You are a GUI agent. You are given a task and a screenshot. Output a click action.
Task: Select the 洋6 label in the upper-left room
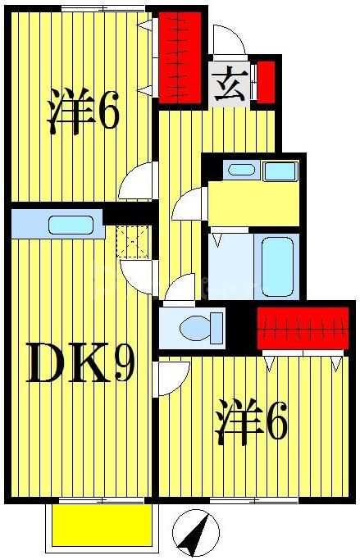pos(84,113)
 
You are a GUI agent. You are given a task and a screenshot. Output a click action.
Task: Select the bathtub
pos(277,266)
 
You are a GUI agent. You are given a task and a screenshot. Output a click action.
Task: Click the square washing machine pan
pos(280,171)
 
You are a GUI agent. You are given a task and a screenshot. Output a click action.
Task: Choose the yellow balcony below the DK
pos(102,525)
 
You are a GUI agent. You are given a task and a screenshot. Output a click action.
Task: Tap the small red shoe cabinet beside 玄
pos(266,80)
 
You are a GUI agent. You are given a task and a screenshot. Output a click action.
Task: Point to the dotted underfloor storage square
pos(131,242)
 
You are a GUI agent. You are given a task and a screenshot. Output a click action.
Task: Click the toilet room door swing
pos(181,288)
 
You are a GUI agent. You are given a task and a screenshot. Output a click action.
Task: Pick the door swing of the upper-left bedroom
pos(138,181)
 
